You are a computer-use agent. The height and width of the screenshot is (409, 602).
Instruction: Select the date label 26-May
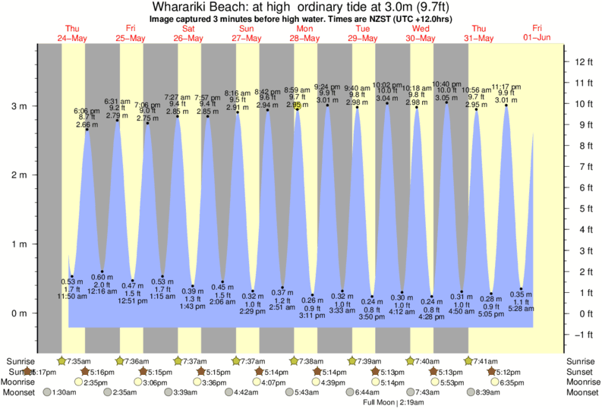pos(188,38)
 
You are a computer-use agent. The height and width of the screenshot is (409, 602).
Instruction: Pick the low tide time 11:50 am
pos(72,296)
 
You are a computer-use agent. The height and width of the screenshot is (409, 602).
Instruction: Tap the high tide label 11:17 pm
pos(506,87)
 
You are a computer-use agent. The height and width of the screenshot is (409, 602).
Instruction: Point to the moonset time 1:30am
pos(66,392)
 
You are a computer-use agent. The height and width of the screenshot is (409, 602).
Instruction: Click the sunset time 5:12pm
pos(508,372)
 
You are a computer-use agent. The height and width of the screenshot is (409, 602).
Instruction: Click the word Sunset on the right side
pos(582,372)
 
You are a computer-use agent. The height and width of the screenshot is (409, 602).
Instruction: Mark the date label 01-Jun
pos(537,38)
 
